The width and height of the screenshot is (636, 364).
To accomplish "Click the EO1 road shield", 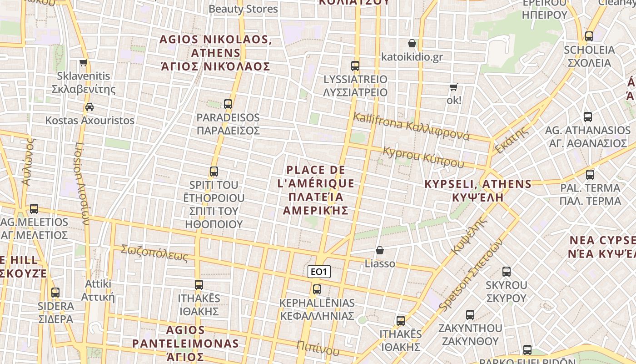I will (319, 272).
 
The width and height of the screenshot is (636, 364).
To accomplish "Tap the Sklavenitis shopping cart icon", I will (83, 63).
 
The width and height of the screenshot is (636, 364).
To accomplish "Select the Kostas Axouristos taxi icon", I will (89, 107).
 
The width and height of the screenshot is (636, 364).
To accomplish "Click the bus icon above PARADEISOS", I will (228, 104).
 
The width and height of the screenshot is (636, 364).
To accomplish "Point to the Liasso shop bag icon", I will (380, 250).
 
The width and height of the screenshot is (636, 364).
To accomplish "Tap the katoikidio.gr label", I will (412, 57).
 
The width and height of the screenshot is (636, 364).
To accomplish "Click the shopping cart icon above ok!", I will (453, 87).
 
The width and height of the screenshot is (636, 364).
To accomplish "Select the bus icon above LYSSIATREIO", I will (355, 66).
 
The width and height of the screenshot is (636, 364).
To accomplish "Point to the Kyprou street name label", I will (423, 157).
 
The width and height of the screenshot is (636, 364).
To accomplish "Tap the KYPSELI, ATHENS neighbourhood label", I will (477, 191).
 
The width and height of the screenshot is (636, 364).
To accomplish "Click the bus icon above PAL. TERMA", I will (590, 174).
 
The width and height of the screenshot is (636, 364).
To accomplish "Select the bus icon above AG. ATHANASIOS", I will (588, 117).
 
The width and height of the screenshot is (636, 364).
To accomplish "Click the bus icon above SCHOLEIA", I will (589, 36).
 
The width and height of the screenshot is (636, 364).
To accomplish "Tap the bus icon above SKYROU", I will (507, 272).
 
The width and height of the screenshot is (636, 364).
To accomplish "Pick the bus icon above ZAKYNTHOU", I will (470, 315).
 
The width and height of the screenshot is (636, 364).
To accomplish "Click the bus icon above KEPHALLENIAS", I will (317, 289).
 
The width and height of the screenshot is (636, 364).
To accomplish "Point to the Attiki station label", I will (98, 290).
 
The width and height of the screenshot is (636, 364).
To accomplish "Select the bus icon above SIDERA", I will (55, 293).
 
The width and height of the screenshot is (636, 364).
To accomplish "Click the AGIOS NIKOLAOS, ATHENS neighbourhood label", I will (216, 53).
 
